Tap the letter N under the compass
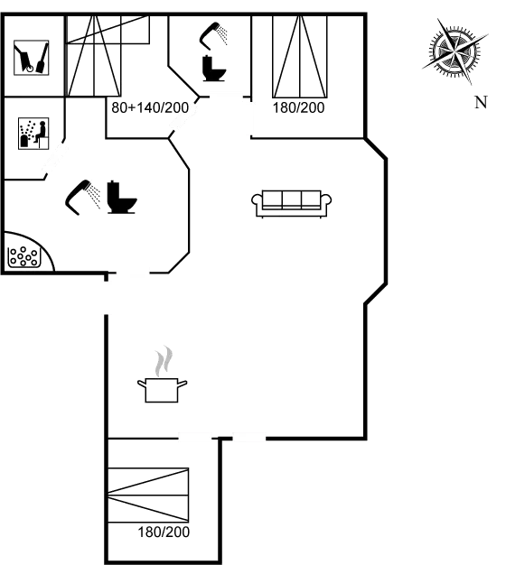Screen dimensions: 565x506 (481, 102)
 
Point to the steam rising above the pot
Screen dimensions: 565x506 (163, 361)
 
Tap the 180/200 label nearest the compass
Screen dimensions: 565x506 (299, 108)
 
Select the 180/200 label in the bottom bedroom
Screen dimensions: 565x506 (164, 533)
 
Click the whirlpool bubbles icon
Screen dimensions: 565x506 (23, 256)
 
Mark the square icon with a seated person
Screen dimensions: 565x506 (33, 134)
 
